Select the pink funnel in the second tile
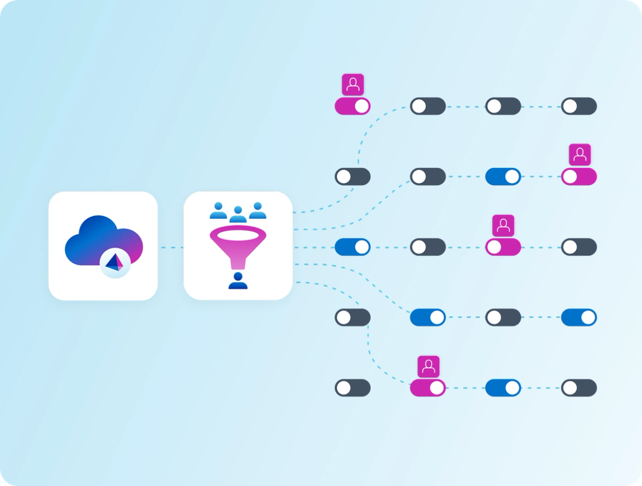coord(238,246)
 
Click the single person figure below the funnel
coord(238,281)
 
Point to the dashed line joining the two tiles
coord(171,247)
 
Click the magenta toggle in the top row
coord(352,106)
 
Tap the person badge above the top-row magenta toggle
coord(353,84)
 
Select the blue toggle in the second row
coord(503,177)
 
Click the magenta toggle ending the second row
coord(579,177)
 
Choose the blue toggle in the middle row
coord(352,247)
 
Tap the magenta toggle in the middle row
coord(503,247)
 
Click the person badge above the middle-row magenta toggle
coord(503,225)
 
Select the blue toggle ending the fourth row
coord(579,318)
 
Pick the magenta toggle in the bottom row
coord(428,388)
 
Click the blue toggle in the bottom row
coord(503,388)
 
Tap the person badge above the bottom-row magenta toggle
coord(428,366)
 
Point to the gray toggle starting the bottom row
coord(352,388)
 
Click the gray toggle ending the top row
coord(579,106)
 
